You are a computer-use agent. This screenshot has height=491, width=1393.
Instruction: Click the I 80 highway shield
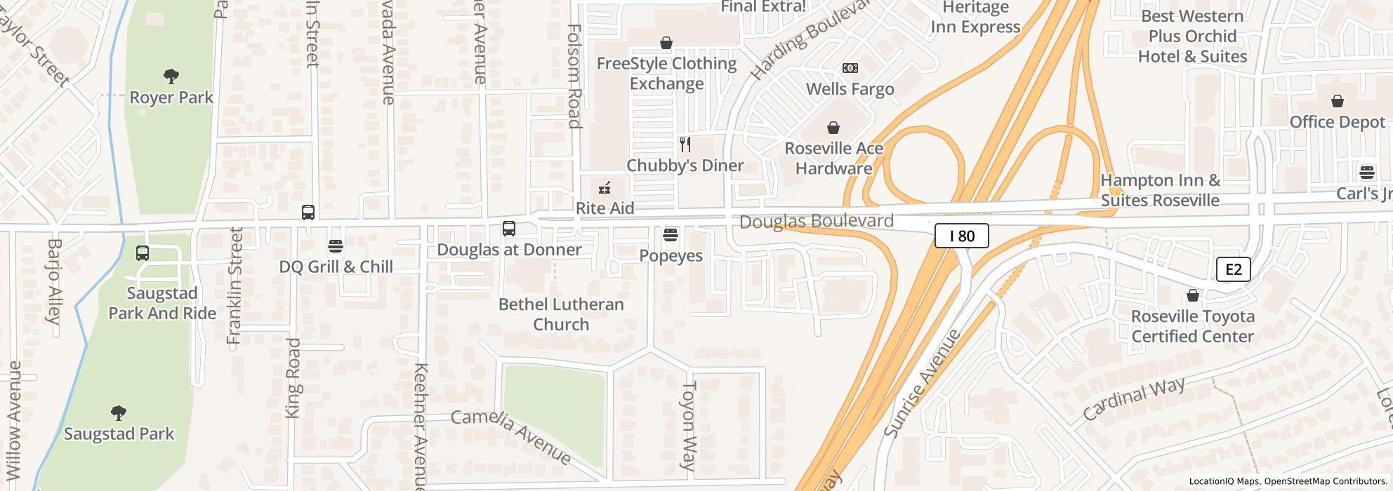pos(961,236)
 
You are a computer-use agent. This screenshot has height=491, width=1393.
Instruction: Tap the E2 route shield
pos(1233,269)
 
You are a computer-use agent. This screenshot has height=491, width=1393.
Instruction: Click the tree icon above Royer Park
pos(171,76)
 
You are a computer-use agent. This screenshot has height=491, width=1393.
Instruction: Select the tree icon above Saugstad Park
pos(119,412)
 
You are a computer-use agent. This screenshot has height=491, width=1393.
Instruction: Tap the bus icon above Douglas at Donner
pos(509,229)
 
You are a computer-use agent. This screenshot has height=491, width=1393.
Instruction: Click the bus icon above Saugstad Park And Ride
pos(143,253)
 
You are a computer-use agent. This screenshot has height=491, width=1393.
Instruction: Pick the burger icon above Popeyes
pos(671,234)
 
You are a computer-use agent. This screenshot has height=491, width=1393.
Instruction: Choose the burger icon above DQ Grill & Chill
pos(336,246)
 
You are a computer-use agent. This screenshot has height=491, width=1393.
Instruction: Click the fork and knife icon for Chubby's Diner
pos(685,145)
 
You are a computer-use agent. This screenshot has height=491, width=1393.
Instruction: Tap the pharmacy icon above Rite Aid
pos(604,188)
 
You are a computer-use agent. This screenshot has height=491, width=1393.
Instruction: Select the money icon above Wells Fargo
pos(850,68)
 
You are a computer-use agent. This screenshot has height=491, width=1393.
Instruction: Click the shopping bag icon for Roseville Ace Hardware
pos(833,128)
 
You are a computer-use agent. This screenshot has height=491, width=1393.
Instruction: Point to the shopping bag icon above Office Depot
pos(1337,102)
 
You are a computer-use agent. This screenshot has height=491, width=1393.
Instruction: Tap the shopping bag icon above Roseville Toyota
pos(1192,295)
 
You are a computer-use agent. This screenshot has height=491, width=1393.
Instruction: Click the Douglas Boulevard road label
pos(816,222)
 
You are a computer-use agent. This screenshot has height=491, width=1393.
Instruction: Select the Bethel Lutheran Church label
pos(561,314)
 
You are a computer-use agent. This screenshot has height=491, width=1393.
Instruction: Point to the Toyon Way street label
pos(688,426)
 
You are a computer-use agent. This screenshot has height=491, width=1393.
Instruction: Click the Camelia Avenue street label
pos(511,436)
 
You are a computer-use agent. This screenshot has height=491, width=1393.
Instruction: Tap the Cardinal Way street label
pos(1133,398)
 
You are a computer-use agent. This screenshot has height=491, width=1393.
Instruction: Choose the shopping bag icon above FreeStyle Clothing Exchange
pos(666,43)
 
